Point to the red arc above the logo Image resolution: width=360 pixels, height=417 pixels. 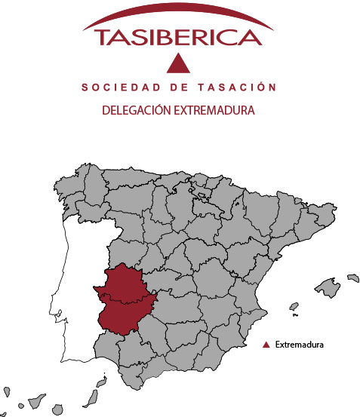click(178, 16)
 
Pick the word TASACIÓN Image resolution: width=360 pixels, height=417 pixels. click(233, 88)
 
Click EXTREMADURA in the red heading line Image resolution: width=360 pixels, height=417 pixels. click(214, 110)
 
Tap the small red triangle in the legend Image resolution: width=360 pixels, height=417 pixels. click(265, 345)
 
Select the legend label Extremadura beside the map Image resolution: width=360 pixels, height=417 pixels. click(300, 345)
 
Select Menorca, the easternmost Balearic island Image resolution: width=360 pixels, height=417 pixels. click(352, 277)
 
